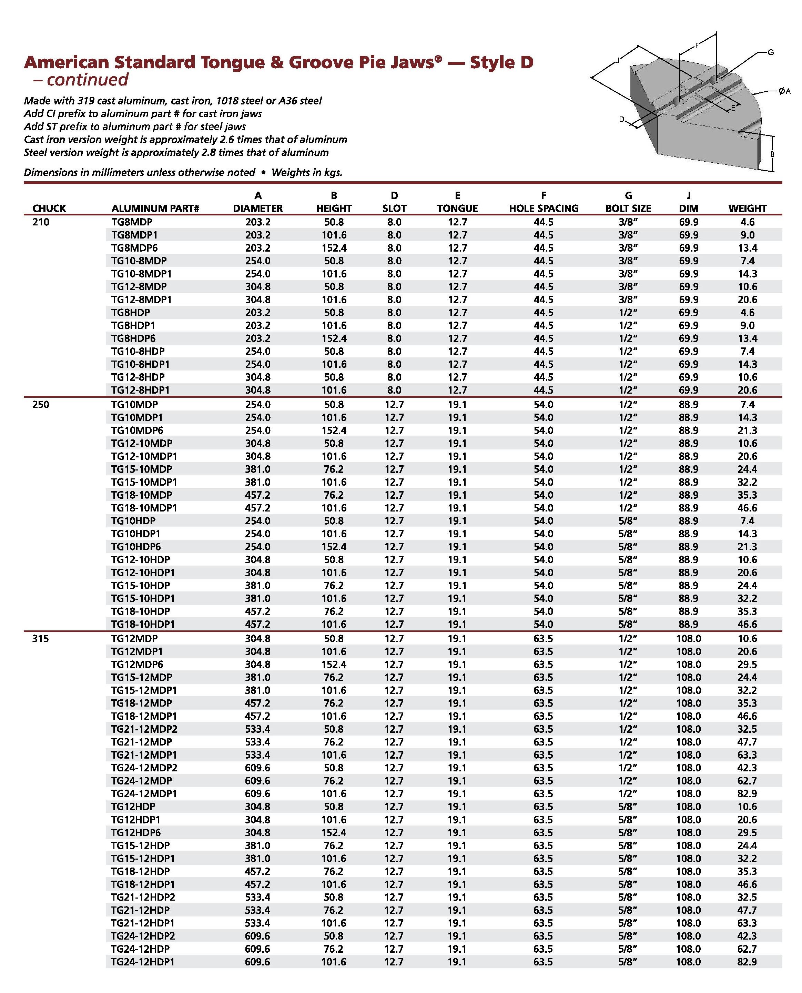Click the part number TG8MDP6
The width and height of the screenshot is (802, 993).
coord(134,248)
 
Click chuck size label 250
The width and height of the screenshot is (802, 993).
coord(41,404)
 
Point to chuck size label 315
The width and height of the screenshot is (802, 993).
coord(41,639)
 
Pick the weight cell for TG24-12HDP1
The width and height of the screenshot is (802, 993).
coord(747,962)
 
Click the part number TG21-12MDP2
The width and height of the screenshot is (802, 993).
coord(144,729)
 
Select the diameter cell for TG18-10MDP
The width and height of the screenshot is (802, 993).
coord(257,495)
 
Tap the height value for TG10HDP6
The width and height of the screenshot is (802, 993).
coord(334,547)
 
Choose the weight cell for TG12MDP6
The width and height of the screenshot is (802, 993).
coord(747,665)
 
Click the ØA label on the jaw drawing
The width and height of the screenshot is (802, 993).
coord(784,91)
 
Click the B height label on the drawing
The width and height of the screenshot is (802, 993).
coord(772,154)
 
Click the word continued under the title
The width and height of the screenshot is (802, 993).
coord(87,80)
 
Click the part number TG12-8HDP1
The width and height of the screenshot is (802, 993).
coord(140,390)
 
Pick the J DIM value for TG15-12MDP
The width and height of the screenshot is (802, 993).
coord(688,677)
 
